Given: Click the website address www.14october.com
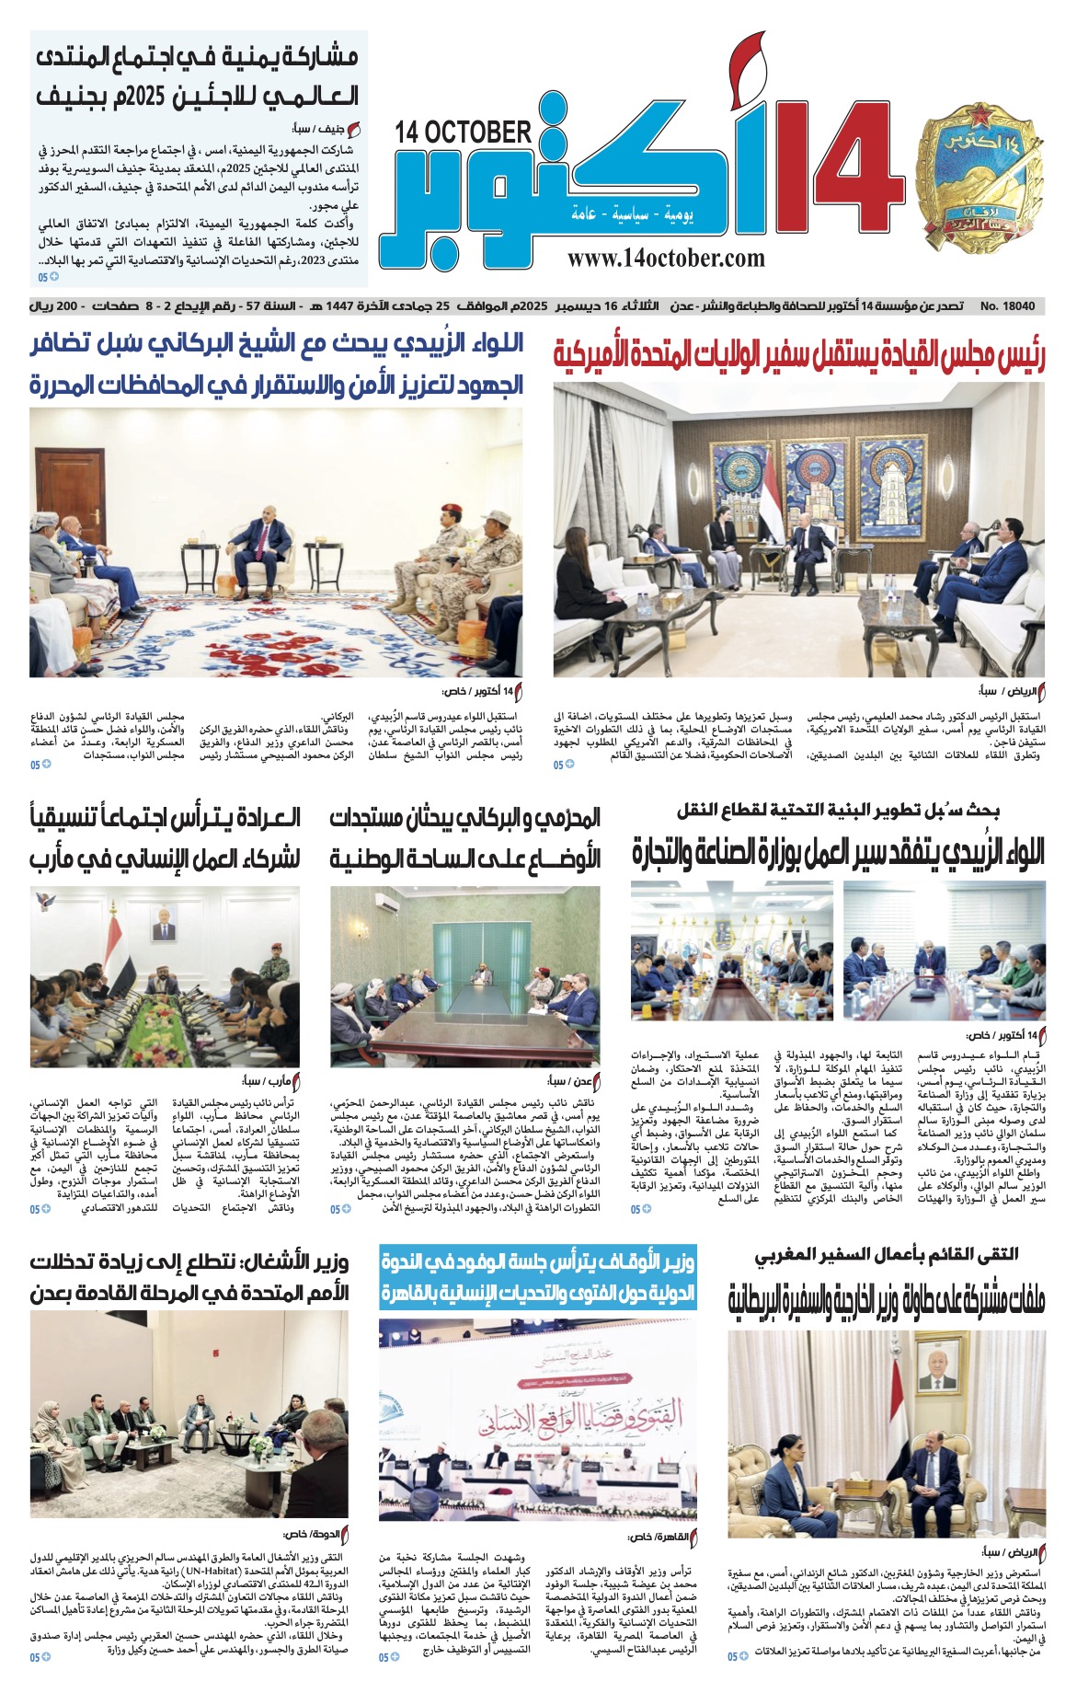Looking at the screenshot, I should coord(666,259).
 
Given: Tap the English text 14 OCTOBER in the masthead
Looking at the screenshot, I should coord(464,132).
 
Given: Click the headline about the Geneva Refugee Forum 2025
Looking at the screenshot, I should coord(199,76).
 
